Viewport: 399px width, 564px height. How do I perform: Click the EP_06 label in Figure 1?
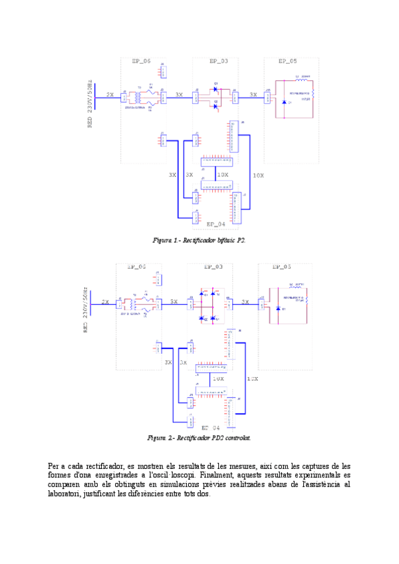pyautogui.click(x=141, y=61)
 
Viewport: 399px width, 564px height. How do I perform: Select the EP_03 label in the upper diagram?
pyautogui.click(x=219, y=61)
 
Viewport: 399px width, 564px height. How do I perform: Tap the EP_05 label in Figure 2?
pyautogui.click(x=281, y=267)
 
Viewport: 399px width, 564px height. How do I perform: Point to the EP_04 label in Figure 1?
pyautogui.click(x=216, y=224)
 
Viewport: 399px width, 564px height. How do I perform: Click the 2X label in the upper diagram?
pyautogui.click(x=110, y=95)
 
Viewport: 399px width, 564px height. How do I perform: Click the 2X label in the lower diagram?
pyautogui.click(x=105, y=302)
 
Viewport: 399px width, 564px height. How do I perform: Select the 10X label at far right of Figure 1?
pyautogui.click(x=257, y=176)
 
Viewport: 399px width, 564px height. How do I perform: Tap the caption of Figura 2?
pyautogui.click(x=199, y=438)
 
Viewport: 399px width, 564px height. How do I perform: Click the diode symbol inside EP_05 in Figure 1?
pyautogui.click(x=285, y=102)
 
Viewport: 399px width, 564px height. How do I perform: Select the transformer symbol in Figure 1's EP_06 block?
pyautogui.click(x=139, y=97)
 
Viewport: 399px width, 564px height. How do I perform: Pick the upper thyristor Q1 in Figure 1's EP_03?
pyautogui.click(x=216, y=90)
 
